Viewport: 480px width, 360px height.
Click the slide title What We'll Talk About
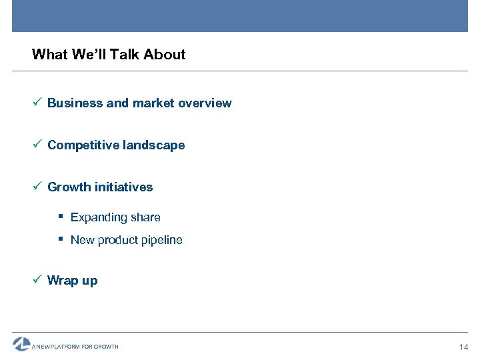[109, 55]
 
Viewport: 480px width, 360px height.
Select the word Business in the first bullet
[75, 103]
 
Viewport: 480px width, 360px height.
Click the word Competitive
[83, 145]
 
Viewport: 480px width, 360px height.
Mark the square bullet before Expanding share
[61, 217]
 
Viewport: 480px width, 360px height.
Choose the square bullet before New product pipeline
[61, 239]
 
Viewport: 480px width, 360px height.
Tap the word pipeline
[160, 241]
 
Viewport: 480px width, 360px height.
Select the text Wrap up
[72, 281]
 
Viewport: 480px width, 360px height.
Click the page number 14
[464, 347]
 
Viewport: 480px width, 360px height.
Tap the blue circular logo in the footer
[21, 344]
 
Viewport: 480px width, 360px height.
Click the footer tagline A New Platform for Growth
[75, 347]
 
